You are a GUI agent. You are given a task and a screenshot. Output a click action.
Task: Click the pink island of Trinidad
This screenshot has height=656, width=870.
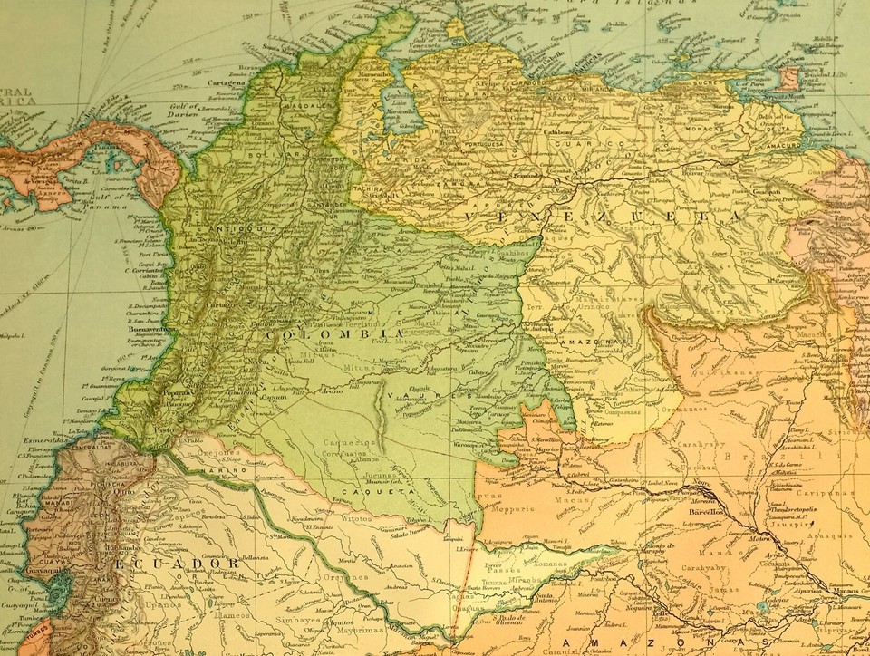789,77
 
